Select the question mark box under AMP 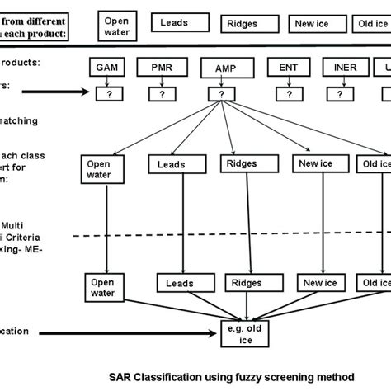pyautogui.click(x=221, y=94)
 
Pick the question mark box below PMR pyautogui.click(x=163, y=94)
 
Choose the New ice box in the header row pyautogui.click(x=311, y=24)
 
